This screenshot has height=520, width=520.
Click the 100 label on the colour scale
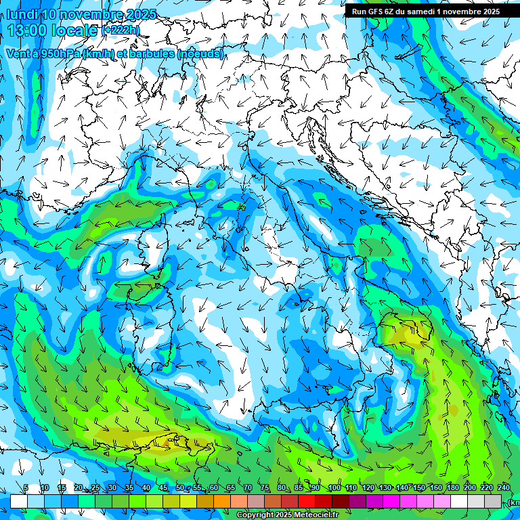[x=334, y=488]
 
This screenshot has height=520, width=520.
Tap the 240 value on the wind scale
[x=503, y=488]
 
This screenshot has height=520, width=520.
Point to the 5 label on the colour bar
[x=26, y=488]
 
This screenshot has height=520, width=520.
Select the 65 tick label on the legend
[x=231, y=488]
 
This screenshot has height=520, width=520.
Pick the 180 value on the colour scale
[x=452, y=488]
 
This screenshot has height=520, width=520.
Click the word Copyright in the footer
[x=255, y=515]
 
